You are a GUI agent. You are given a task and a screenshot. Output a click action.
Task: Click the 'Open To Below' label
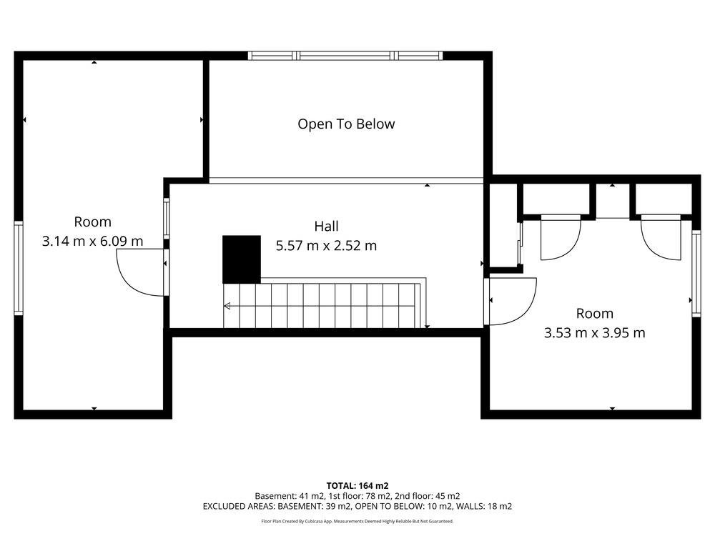click(346, 124)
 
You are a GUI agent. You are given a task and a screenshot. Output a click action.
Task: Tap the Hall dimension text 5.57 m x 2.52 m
click(326, 246)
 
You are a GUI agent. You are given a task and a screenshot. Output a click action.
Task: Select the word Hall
click(327, 226)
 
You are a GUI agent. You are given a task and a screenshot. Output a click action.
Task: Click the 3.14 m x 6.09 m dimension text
click(92, 241)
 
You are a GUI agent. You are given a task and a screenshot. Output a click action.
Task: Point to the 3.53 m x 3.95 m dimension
click(595, 333)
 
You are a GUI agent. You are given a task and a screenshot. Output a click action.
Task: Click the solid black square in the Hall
click(242, 259)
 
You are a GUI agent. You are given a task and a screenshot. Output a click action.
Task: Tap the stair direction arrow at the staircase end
click(227, 306)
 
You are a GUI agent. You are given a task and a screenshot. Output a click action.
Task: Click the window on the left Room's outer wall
click(19, 268)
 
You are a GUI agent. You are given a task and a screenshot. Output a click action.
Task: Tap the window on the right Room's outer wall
click(696, 274)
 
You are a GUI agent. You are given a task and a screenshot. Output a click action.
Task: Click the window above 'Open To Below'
click(345, 56)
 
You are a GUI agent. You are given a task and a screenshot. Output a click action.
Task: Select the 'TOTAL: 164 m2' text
click(357, 486)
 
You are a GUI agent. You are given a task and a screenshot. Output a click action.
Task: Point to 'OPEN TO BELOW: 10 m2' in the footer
click(403, 506)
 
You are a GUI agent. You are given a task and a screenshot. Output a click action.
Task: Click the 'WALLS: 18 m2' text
click(484, 506)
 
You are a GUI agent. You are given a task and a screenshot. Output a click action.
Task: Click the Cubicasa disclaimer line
click(357, 521)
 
